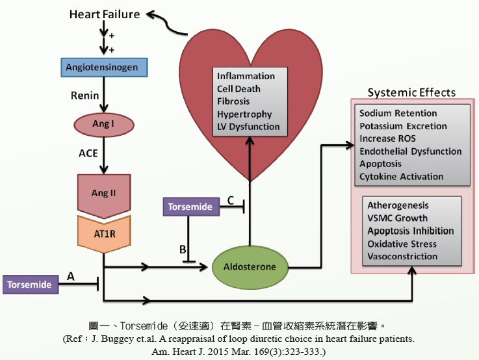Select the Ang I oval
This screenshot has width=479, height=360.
(x=103, y=123)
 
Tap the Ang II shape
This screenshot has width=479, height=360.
(x=103, y=193)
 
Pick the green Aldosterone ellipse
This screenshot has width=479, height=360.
(x=250, y=266)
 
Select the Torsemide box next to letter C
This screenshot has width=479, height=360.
(x=190, y=207)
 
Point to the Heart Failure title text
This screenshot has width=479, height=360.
(x=105, y=14)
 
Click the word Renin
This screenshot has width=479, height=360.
(x=84, y=96)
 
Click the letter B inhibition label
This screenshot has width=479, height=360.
(x=183, y=249)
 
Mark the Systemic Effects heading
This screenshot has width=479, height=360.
(x=411, y=93)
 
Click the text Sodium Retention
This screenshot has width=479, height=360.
(x=398, y=114)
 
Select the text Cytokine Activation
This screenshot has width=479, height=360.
(x=401, y=176)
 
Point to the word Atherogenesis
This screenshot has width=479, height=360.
(x=398, y=206)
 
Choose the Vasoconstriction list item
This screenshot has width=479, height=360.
(x=402, y=256)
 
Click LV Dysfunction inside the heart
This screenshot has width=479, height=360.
(x=248, y=127)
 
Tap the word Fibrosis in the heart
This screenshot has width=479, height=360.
(x=233, y=101)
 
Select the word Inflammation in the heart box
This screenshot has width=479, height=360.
(x=246, y=76)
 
